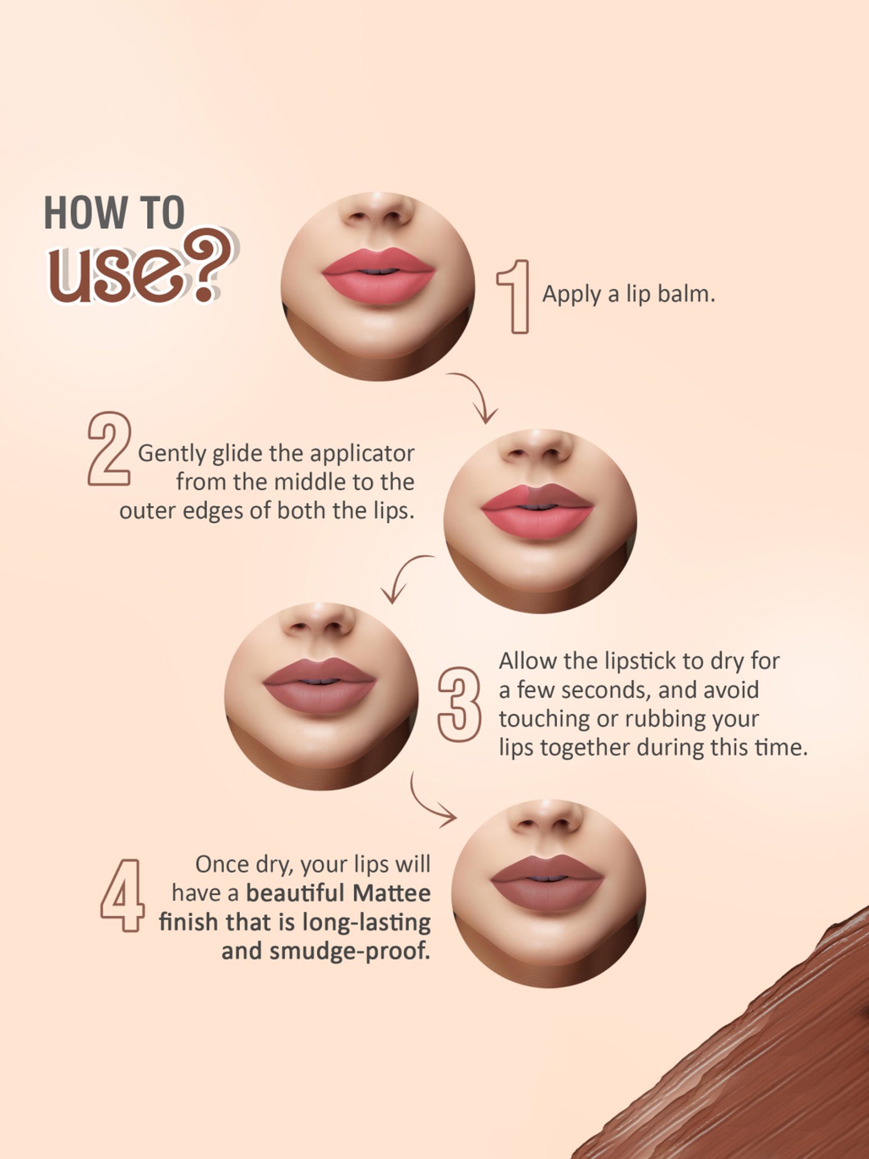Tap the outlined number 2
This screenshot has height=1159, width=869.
[109, 449]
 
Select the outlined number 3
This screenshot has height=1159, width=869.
[459, 704]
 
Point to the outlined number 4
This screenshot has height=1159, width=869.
[122, 895]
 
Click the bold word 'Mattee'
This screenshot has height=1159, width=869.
[392, 893]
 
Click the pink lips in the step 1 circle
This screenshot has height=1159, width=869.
[378, 276]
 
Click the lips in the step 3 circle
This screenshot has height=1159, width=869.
[319, 686]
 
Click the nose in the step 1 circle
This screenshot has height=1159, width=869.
[378, 212]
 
